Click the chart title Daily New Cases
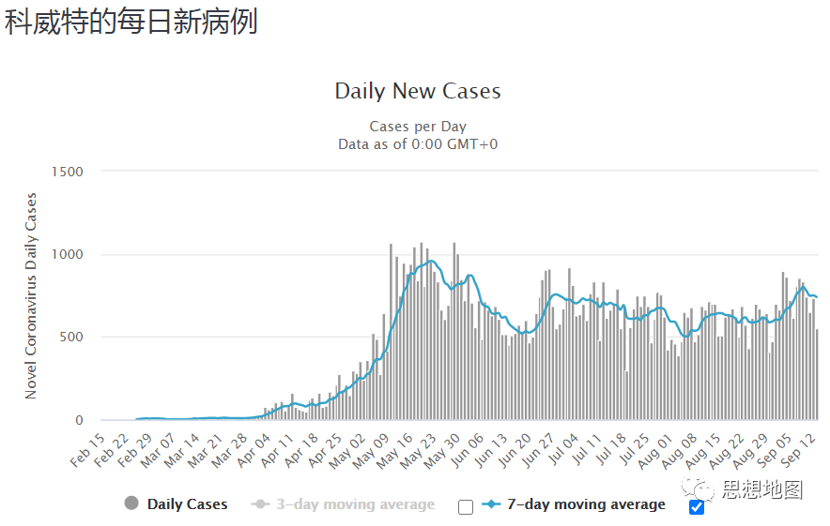[418, 92]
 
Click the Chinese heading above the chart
[131, 23]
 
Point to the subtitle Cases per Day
[418, 127]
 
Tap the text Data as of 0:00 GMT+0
[418, 143]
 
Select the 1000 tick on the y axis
[70, 254]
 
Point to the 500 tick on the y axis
[73, 338]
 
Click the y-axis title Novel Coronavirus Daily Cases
[31, 296]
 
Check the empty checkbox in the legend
[466, 507]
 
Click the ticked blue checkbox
[697, 507]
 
